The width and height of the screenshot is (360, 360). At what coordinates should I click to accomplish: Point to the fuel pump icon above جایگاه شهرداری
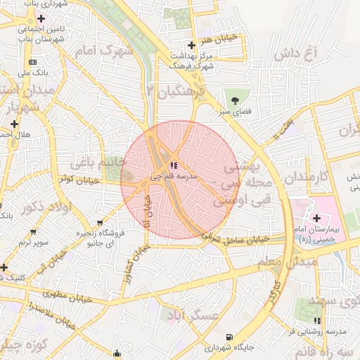tap(230, 337)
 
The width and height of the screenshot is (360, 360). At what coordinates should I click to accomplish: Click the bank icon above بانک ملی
tap(32, 62)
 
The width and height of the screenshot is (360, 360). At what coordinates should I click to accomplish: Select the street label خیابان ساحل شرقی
tap(236, 238)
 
